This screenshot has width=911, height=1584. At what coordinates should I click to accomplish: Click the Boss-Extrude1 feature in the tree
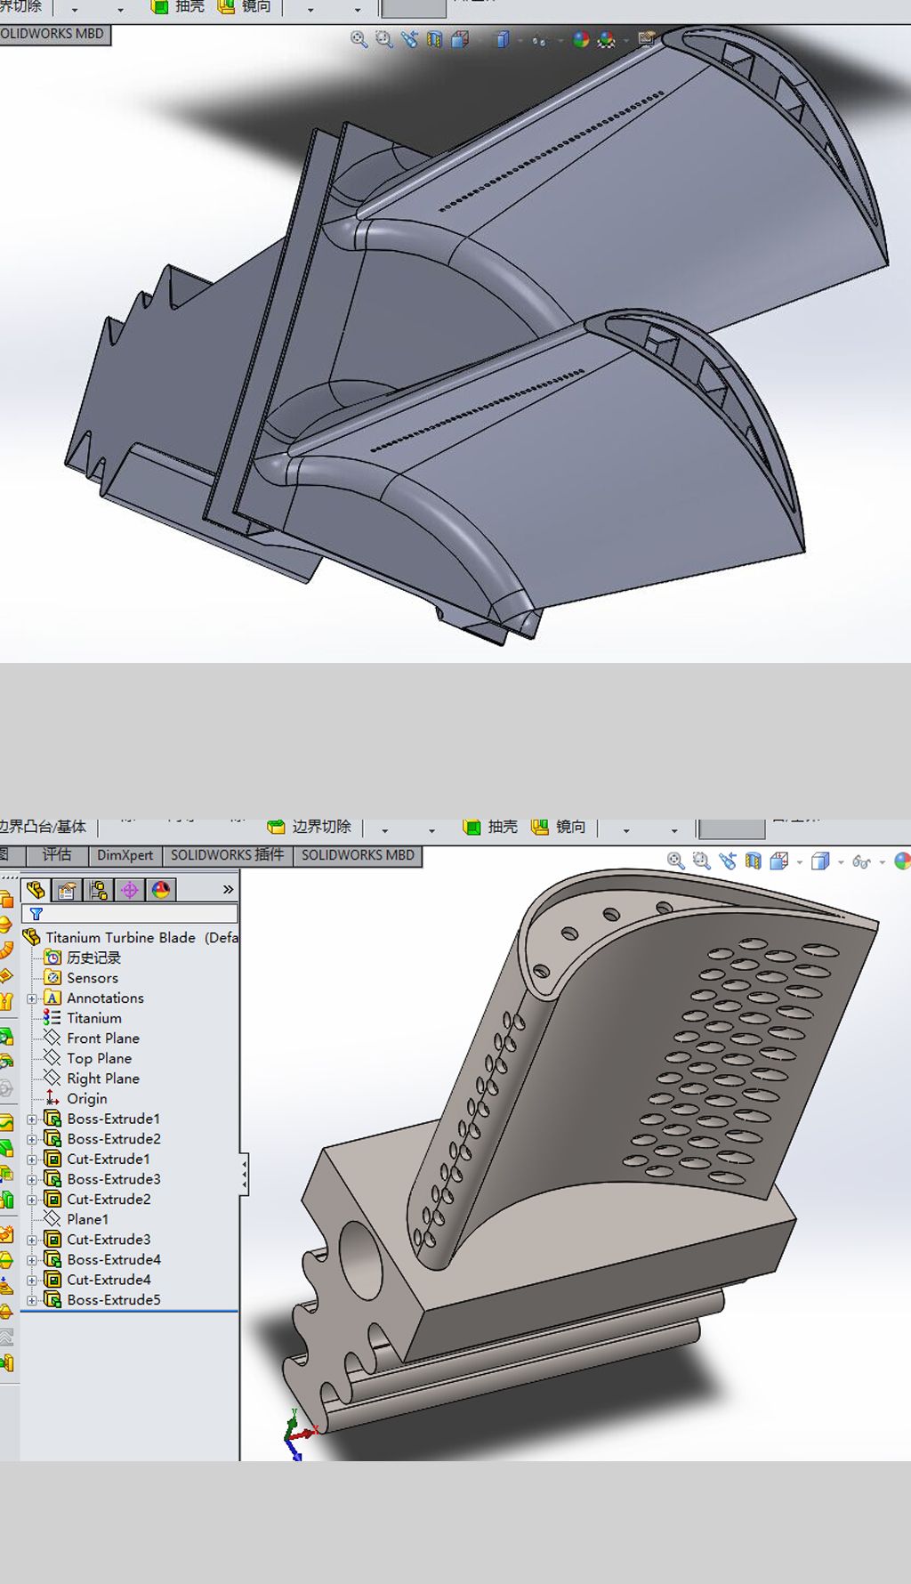tap(113, 1119)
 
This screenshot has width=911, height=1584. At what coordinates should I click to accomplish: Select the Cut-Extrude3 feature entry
tap(109, 1239)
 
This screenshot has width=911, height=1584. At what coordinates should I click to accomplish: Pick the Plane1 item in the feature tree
tap(87, 1219)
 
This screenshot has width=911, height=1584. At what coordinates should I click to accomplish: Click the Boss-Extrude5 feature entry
tap(113, 1299)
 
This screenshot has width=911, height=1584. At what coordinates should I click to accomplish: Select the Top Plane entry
tap(99, 1058)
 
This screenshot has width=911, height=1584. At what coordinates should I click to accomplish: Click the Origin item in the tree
tap(86, 1098)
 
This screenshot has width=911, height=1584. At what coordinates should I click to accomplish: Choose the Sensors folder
tap(92, 977)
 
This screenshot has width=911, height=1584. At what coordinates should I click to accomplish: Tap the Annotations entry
tap(104, 998)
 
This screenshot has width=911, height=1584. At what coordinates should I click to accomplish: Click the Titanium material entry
tap(93, 1018)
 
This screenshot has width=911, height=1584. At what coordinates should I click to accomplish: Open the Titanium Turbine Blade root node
tap(119, 937)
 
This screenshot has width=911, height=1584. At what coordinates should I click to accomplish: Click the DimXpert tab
tap(125, 855)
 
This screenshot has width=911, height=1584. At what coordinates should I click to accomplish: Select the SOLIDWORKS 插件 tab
tap(227, 855)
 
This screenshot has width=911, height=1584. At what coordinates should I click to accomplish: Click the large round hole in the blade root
tap(360, 1259)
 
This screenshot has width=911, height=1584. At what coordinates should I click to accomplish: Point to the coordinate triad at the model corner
tap(296, 1434)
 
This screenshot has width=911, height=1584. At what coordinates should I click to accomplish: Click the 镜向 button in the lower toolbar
tap(560, 827)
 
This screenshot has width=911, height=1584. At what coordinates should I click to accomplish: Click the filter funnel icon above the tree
tap(36, 914)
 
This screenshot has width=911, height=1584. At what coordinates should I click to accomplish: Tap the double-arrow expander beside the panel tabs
tap(228, 889)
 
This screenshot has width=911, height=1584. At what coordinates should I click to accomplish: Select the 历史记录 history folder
tap(93, 958)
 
